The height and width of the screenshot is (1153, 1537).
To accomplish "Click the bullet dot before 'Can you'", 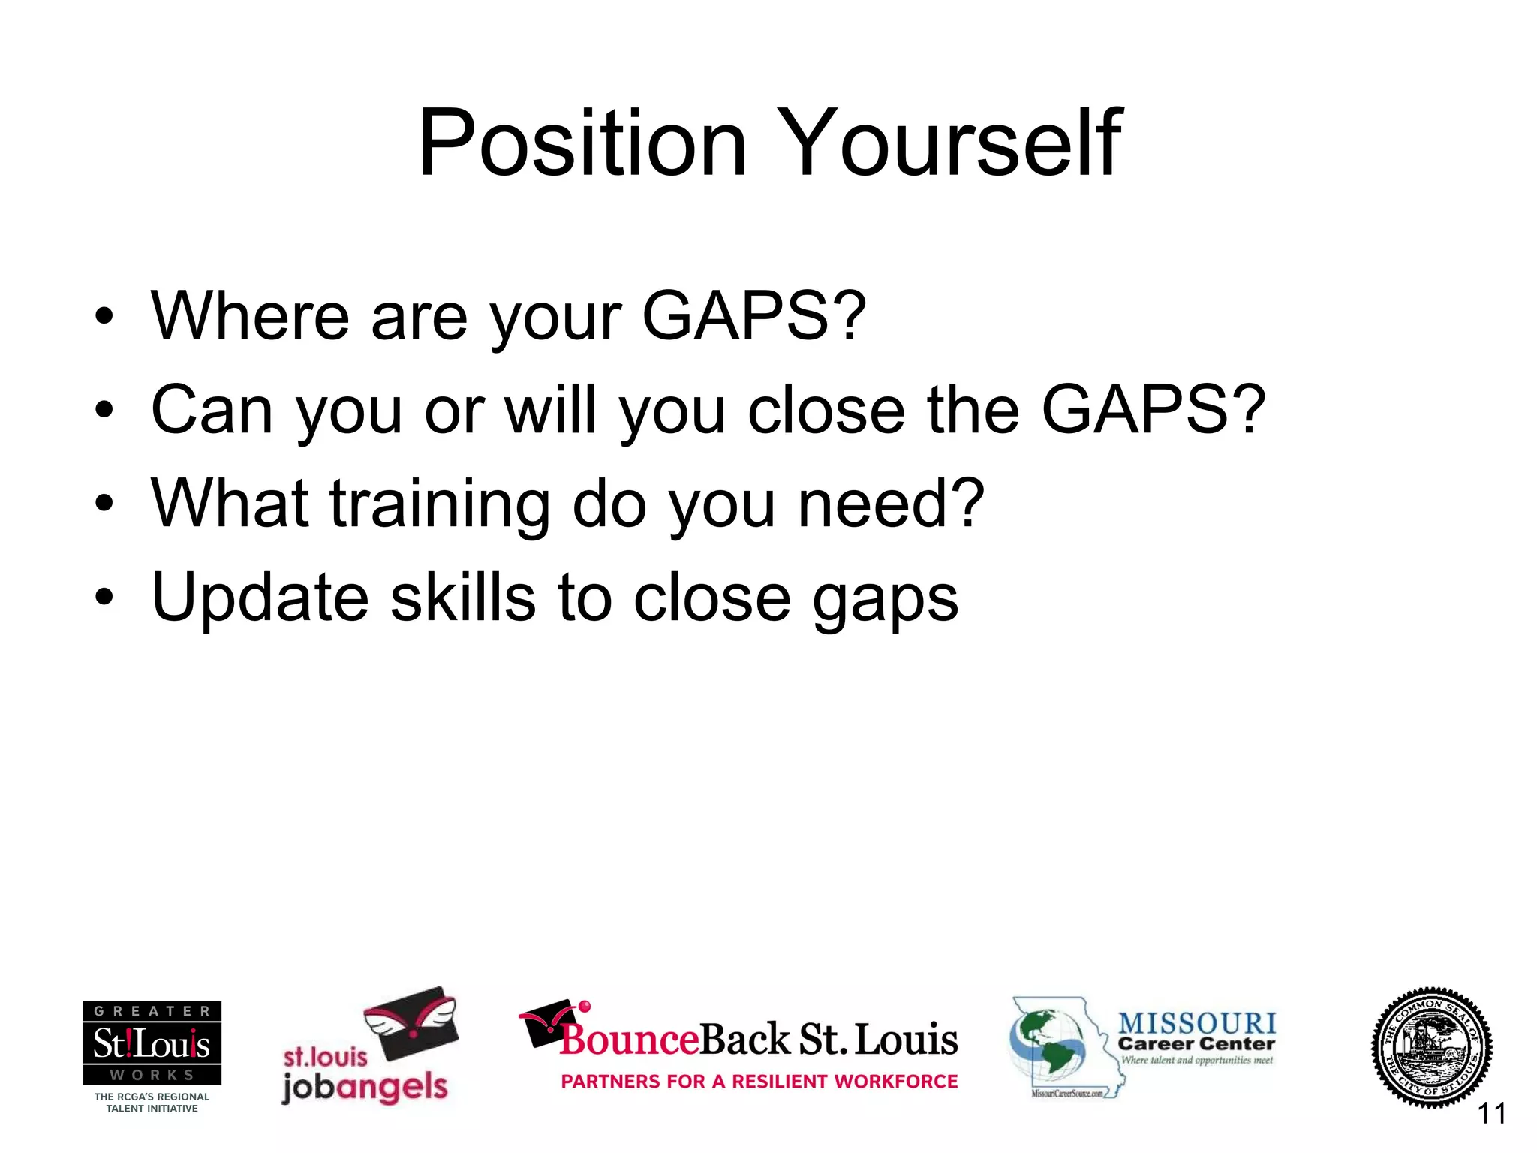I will (x=104, y=410).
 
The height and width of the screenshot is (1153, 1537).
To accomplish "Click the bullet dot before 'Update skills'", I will (x=104, y=598).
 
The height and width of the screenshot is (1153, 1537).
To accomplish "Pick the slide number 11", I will (x=1491, y=1113).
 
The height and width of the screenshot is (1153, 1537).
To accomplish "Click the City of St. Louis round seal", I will (x=1431, y=1047).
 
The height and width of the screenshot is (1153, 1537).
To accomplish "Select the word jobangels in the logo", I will (x=365, y=1087).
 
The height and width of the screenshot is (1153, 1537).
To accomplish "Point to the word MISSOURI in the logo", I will (x=1196, y=1023).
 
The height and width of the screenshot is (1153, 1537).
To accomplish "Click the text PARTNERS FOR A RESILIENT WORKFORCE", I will (x=759, y=1082).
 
